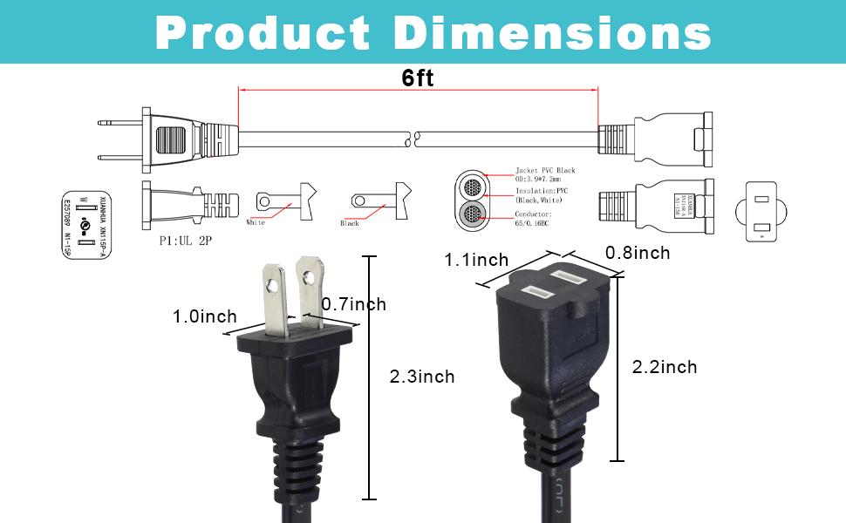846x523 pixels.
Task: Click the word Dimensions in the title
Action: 552,32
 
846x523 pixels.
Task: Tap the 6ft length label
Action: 418,77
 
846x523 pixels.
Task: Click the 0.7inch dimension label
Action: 353,304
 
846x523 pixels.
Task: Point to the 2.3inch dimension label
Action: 422,377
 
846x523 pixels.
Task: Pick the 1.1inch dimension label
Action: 476,260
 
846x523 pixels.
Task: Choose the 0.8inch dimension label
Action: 638,253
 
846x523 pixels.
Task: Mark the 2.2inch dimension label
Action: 665,367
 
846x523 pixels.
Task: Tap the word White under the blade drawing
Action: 256,223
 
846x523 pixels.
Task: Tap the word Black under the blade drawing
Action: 349,224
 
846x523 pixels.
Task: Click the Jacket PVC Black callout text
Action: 546,171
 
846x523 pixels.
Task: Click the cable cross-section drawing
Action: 475,200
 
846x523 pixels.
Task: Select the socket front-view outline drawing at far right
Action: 762,210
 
